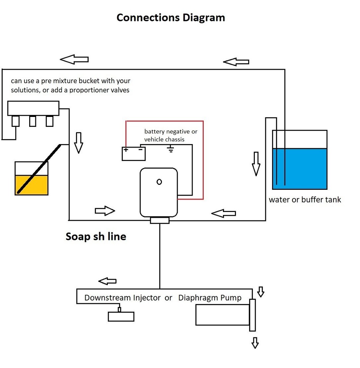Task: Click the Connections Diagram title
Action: [170, 18]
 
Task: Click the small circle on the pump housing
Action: [159, 182]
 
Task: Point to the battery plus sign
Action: [126, 150]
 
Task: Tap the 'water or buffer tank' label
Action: [305, 199]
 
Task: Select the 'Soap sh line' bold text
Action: [96, 236]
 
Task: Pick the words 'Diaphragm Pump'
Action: [210, 297]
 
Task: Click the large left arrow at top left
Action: [74, 59]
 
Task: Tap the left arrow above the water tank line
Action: [236, 61]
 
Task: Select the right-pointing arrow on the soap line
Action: [105, 210]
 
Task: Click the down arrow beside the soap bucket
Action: [78, 143]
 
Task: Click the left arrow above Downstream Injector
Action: [107, 281]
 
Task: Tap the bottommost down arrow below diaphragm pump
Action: [255, 342]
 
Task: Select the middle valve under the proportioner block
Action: [33, 121]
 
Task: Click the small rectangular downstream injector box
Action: [121, 316]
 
